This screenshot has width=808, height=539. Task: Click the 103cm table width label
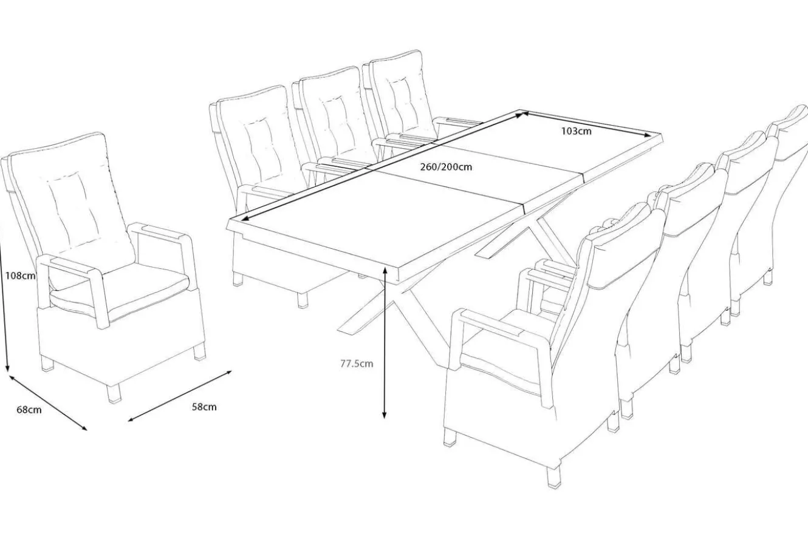(x=577, y=131)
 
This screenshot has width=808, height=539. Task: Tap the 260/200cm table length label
(x=446, y=167)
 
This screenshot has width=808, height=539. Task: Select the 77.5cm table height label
(x=357, y=364)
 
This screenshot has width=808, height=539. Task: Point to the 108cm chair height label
(x=21, y=276)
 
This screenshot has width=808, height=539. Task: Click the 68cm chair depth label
(x=29, y=410)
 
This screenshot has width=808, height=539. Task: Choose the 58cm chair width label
(x=204, y=407)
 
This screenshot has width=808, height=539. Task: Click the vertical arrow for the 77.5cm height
(x=385, y=342)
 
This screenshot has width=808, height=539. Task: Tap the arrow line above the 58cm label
(x=180, y=396)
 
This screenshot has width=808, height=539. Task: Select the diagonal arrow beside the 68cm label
(x=47, y=403)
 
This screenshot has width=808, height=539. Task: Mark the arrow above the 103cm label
(x=586, y=124)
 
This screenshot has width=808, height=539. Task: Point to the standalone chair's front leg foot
(x=115, y=393)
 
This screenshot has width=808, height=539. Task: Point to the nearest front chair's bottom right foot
(x=553, y=477)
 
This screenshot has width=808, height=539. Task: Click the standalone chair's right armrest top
(x=159, y=232)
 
